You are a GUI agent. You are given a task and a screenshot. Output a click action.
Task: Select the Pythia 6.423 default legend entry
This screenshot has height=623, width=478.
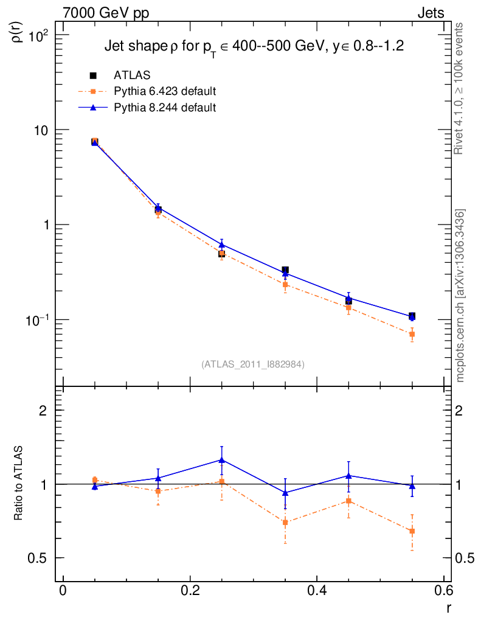point(165,92)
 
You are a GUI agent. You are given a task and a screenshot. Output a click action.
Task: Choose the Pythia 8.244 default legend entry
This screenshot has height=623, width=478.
point(165,108)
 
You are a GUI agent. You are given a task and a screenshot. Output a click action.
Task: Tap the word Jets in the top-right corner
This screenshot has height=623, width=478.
point(431,13)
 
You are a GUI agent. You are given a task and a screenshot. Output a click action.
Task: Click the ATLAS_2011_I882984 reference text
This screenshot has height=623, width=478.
point(253,364)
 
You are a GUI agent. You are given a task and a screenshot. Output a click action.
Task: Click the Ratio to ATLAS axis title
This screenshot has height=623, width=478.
point(19,484)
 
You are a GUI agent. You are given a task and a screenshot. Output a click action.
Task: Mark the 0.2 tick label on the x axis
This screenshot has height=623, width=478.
point(190,591)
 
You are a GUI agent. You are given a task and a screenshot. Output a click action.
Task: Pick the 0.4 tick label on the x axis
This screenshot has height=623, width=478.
point(317,591)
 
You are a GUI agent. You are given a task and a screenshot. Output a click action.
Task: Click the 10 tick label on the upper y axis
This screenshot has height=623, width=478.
point(44,130)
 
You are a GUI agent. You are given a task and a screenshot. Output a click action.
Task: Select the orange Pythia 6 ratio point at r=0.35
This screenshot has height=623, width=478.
point(285,522)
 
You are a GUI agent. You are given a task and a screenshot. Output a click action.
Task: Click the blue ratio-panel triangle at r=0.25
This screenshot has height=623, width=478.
point(222,460)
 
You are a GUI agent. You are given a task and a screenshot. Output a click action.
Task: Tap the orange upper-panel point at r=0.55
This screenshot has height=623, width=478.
point(412,334)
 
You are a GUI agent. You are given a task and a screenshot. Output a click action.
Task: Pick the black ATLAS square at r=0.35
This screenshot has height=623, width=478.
point(285,270)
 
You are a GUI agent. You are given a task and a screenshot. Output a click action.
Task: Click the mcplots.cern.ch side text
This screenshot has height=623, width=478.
point(460,296)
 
